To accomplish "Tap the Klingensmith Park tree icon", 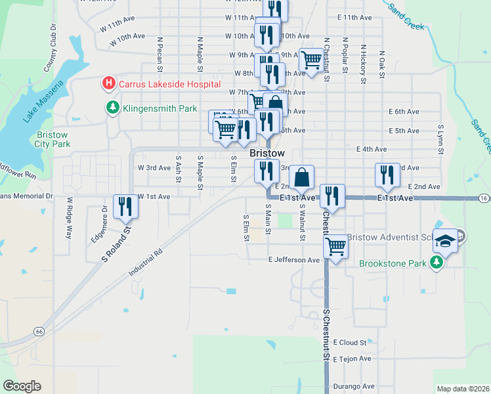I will tap(113, 108).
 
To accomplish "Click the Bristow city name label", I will tap(268, 152).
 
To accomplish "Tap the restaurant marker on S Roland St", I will tap(123, 207).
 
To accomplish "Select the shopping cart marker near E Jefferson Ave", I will tap(335, 247).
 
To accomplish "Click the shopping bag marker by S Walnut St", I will tap(301, 177).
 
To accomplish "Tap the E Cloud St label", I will tap(349, 342).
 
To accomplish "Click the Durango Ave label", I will tap(353, 386).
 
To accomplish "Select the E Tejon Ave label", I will tap(352, 359).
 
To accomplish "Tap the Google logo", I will tap(22, 386).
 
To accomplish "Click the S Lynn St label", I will tap(440, 139).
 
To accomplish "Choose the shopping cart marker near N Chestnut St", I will tap(311, 61).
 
